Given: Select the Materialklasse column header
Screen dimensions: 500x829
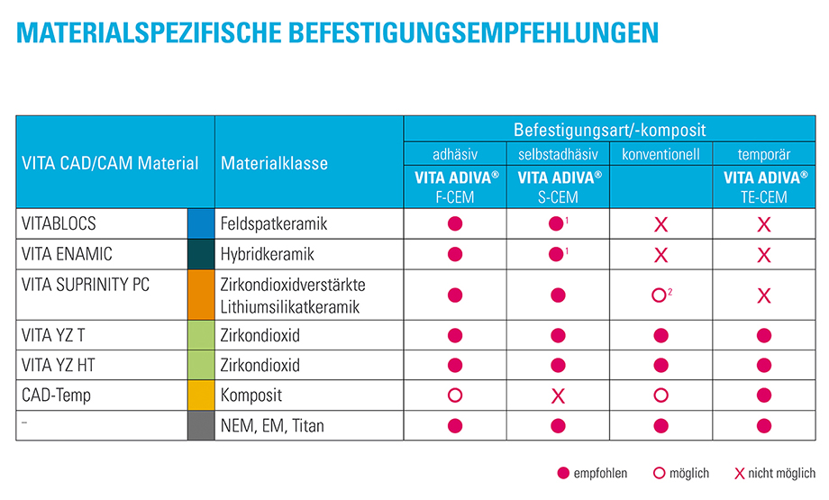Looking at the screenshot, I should coord(274,163).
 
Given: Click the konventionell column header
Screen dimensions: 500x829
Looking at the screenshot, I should coord(660,154).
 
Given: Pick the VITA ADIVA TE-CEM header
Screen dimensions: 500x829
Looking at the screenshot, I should coord(763,187).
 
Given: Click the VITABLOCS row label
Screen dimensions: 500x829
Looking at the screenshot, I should coord(59,222).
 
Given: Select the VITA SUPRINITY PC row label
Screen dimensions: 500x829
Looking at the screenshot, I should coord(86,285).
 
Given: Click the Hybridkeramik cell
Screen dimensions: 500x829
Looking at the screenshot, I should coord(268,255).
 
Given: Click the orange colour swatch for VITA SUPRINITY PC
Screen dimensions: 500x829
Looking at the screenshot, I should coord(201,295).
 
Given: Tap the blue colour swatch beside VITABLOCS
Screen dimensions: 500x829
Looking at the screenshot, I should coord(201,223).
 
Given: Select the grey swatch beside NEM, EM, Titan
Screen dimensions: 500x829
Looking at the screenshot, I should coord(201,425).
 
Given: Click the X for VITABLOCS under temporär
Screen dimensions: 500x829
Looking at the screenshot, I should coord(764,223).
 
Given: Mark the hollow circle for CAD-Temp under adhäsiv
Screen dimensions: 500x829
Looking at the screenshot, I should coord(455,395).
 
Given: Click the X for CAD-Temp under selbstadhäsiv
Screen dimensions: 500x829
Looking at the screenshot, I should coord(558,395).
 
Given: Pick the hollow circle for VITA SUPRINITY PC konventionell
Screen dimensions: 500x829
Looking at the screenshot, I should coord(660,295).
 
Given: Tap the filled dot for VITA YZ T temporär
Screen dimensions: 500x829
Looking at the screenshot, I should coord(764,336).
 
